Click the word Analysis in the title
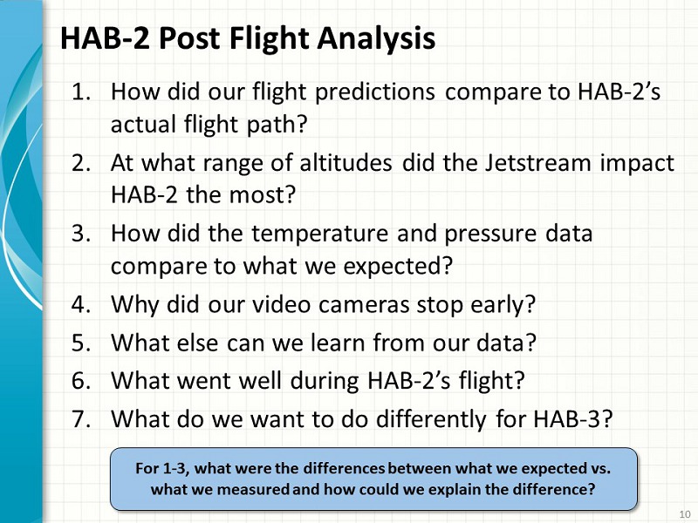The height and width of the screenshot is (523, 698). (376, 39)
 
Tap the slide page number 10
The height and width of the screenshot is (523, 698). (685, 513)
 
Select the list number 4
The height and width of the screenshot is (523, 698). (81, 304)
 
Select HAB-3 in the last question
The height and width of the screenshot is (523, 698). (573, 418)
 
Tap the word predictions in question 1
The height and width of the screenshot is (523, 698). (375, 92)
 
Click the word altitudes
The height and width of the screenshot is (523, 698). (346, 162)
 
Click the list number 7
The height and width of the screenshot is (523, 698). (81, 418)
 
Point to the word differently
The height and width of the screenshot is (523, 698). (431, 419)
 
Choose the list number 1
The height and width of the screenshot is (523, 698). (81, 92)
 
